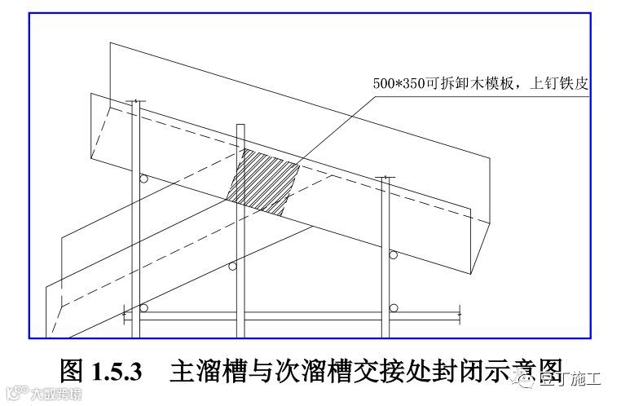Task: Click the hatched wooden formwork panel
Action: pyautogui.click(x=262, y=183)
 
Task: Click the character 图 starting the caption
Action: pyautogui.click(x=72, y=373)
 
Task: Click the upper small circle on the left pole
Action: pyautogui.click(x=143, y=179)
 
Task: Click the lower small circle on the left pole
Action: pyautogui.click(x=144, y=308)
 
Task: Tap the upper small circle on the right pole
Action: pyautogui.click(x=394, y=258)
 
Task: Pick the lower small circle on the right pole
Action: pyautogui.click(x=394, y=307)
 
